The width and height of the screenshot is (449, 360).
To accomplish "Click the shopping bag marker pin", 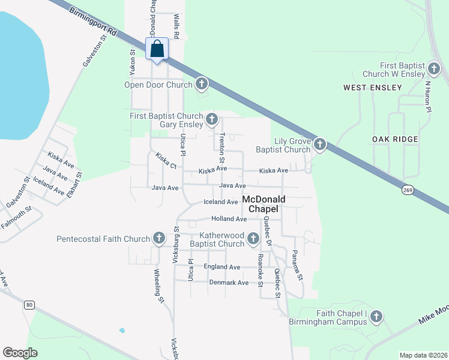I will click(x=157, y=49).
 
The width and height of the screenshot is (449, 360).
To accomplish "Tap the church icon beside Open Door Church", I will click(x=202, y=84).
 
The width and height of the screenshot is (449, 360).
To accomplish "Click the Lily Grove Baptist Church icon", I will click(x=320, y=145).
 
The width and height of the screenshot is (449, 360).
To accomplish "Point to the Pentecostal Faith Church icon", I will click(x=159, y=239).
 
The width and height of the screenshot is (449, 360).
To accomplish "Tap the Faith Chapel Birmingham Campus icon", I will click(x=376, y=316).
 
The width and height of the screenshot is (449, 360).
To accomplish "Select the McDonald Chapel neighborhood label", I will click(x=264, y=204).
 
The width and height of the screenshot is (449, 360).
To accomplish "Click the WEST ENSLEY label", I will click(x=372, y=88).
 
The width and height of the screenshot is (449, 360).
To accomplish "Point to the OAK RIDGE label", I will click(x=395, y=139).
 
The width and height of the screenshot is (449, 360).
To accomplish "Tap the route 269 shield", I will click(x=408, y=188).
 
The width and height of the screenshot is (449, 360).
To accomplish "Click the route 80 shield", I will click(x=29, y=305).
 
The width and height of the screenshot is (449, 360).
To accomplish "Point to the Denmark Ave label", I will click(x=229, y=283).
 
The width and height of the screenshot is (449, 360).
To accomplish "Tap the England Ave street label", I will click(x=222, y=267).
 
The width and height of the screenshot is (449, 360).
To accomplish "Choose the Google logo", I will click(x=20, y=353).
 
